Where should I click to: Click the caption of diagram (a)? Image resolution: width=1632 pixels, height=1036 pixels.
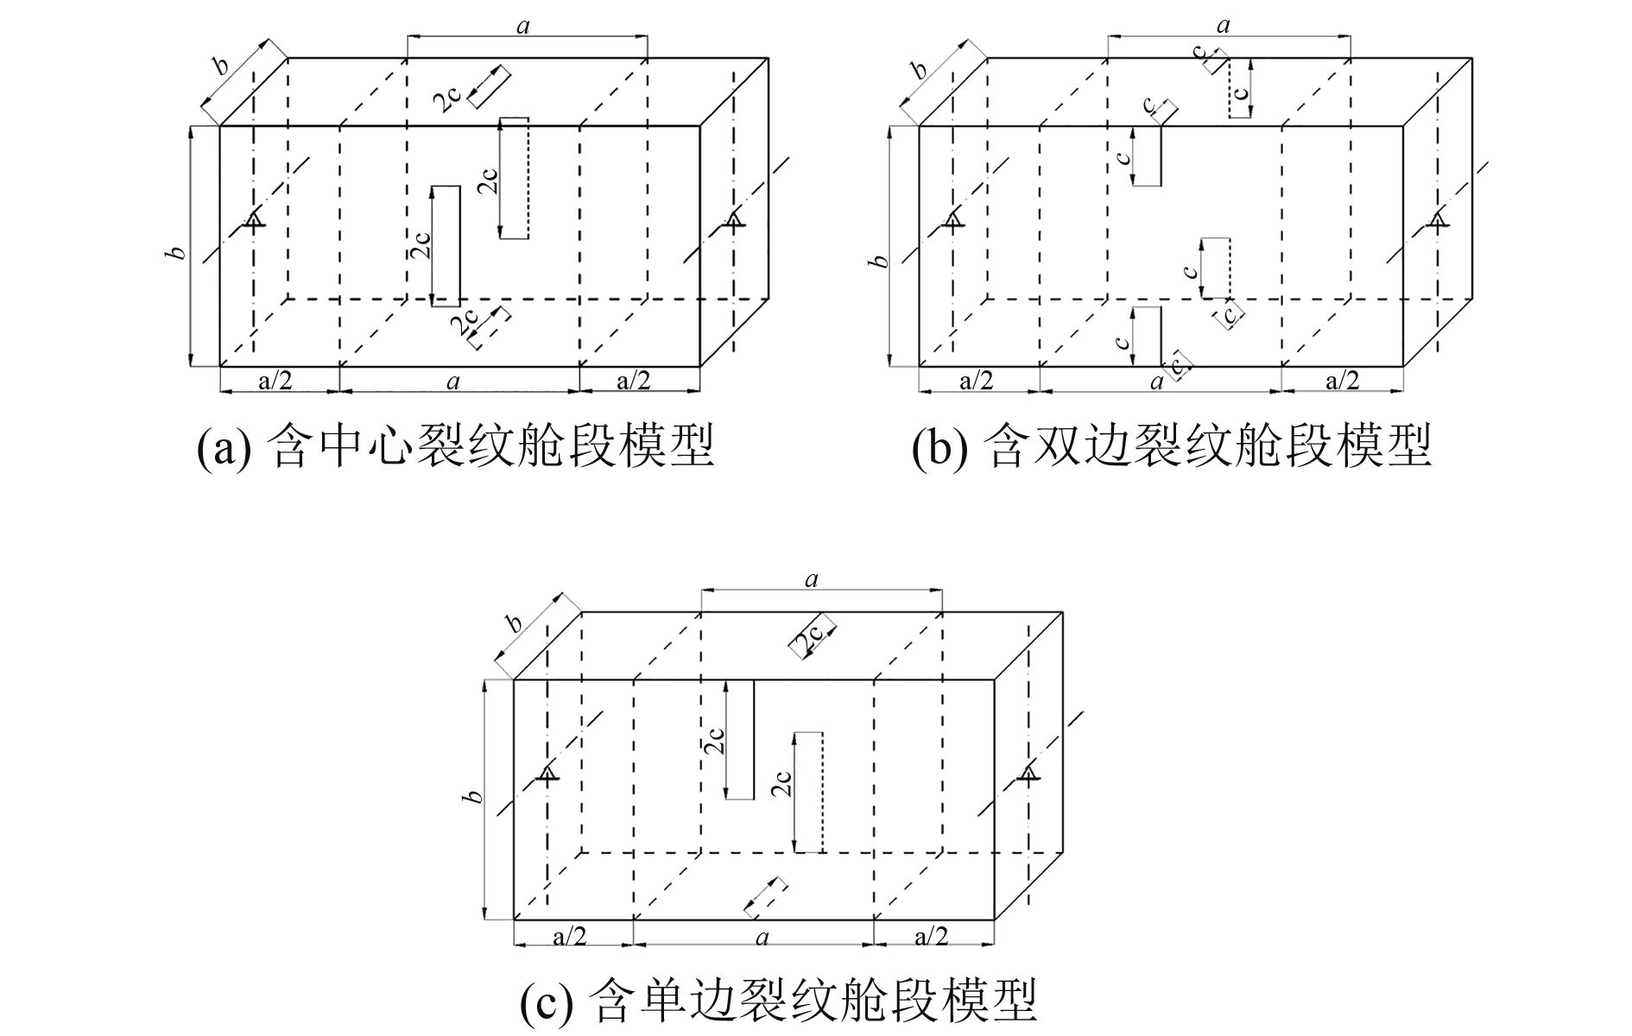tap(455, 446)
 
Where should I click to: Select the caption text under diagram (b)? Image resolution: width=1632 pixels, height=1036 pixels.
tap(1172, 446)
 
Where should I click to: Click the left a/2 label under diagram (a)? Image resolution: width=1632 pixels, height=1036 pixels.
tap(275, 381)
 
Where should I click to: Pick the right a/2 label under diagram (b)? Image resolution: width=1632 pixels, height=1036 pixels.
tap(1343, 381)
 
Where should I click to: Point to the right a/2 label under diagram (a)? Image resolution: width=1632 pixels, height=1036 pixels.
tap(633, 381)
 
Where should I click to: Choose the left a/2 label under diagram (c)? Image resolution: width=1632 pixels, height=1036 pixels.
tap(570, 936)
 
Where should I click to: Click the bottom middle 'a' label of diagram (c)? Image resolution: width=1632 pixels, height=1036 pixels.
tap(762, 937)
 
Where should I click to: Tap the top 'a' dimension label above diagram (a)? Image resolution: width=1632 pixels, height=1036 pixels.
tap(522, 26)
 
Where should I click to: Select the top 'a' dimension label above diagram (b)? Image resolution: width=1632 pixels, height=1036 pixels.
tap(1223, 26)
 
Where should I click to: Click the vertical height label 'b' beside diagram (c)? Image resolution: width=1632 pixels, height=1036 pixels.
tap(472, 796)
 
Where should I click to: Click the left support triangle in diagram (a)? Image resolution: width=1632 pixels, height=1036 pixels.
tap(253, 220)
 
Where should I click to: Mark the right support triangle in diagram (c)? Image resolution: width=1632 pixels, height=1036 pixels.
tap(1028, 774)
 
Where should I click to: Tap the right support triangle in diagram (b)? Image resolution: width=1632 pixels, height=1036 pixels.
tap(1437, 220)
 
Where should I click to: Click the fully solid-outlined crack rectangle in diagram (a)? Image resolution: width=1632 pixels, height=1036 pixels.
tap(446, 246)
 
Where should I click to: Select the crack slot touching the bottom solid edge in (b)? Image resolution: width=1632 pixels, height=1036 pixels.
tap(1148, 336)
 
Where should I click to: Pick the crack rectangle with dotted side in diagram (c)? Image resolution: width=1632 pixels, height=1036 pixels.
tap(808, 792)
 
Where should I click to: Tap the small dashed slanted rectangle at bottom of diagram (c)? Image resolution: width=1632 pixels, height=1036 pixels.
tap(765, 897)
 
